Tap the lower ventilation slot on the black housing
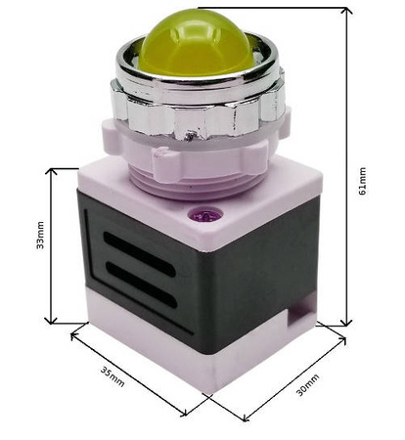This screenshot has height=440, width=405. point(142,286)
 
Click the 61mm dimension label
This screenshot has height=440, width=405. point(363,181)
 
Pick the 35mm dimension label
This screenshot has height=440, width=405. point(112,375)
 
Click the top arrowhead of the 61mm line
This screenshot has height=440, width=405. point(345,12)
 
